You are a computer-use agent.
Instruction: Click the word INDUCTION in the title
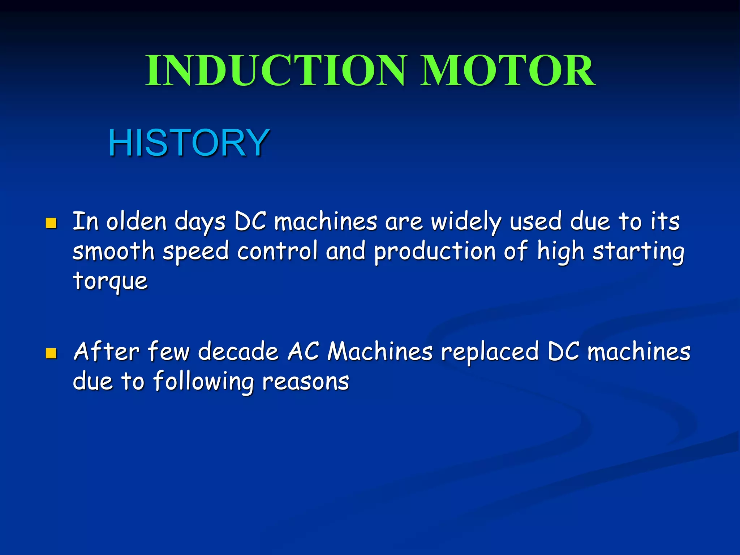pos(276,71)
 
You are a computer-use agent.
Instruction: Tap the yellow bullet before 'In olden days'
pos(51,223)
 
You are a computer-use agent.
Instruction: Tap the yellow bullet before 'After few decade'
pos(51,353)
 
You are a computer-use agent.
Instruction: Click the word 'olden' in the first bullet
pos(136,221)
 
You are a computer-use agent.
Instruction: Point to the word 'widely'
pos(466,222)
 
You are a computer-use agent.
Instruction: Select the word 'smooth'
pos(113,251)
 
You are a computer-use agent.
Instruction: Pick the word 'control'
pos(277,251)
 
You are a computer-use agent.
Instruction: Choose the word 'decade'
pos(238,352)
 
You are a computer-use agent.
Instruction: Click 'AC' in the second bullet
pos(304,352)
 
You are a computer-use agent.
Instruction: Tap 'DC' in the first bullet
pos(250,221)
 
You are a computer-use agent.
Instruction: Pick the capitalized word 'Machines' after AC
pos(380,352)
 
